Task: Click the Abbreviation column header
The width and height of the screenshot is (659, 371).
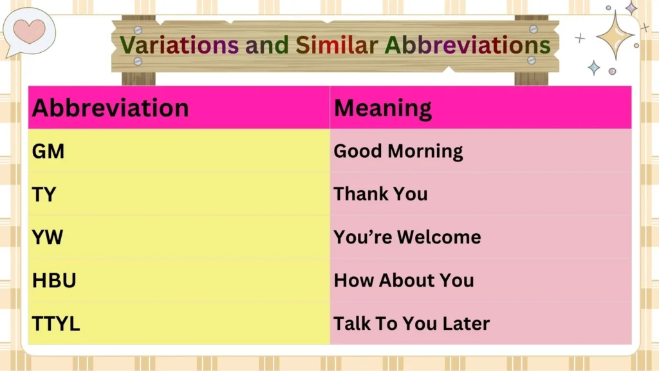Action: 110,108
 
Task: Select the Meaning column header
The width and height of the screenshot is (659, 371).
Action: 382,108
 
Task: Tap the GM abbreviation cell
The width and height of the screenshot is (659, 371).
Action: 48,151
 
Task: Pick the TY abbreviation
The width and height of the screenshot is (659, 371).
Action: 44,195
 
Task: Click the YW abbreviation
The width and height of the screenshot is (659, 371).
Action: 48,238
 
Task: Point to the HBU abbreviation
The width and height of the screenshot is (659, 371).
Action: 55,281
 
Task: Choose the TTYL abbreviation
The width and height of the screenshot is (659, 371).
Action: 56,324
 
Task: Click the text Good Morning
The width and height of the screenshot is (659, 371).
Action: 398,151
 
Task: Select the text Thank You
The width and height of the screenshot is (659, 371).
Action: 380,194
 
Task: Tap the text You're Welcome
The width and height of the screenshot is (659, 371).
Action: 407,237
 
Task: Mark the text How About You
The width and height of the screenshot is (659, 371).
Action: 404,280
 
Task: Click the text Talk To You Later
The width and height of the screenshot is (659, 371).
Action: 411,323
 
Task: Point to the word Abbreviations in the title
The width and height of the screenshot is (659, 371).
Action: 468,44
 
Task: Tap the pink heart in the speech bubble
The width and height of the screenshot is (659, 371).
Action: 30,30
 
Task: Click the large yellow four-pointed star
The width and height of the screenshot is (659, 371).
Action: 615,35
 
